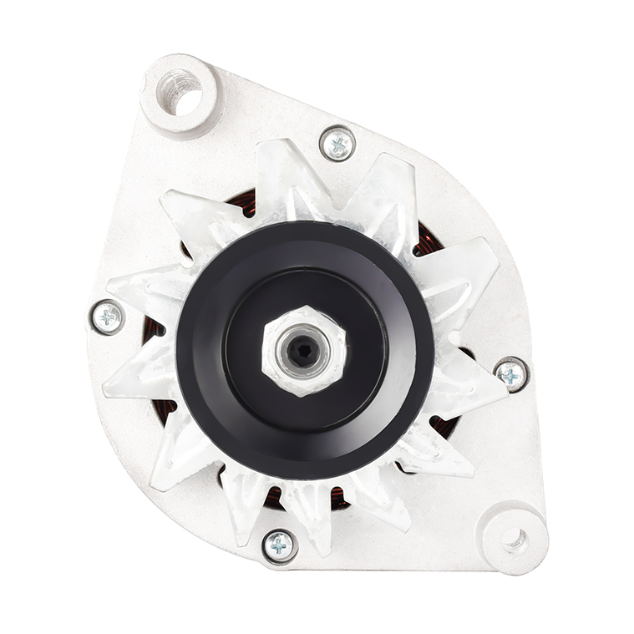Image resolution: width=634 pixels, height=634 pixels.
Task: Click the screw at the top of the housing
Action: [x=337, y=144]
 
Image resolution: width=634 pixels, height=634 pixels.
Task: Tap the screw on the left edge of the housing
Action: [x=107, y=317]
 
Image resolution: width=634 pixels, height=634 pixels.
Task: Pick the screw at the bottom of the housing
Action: [x=280, y=546]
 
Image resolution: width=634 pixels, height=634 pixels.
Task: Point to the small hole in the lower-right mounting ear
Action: [x=515, y=539]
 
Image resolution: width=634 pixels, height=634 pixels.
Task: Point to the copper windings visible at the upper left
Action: [x=242, y=203]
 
